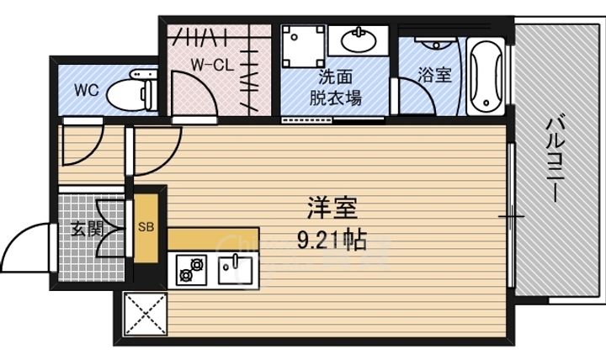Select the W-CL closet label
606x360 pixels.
coord(210,63)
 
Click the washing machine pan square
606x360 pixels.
coord(302,47)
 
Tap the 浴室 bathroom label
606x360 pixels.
coord(434,75)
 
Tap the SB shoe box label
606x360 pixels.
coord(144,226)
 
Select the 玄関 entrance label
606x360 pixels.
coord(82,228)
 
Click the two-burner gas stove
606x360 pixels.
coord(189,270)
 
